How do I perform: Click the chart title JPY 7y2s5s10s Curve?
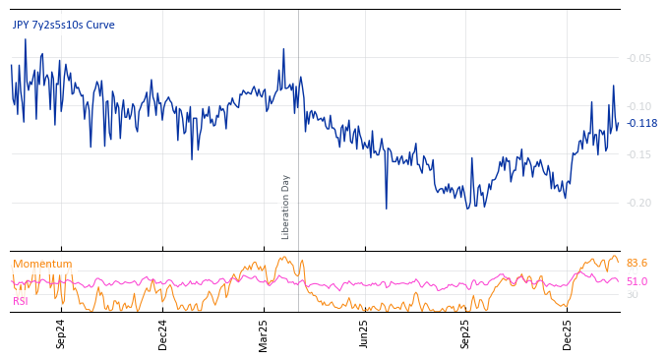pos(63,25)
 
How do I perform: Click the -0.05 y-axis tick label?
pos(638,58)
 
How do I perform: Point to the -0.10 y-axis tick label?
pos(638,106)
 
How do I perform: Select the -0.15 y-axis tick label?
pos(638,154)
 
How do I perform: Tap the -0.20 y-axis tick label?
pos(638,203)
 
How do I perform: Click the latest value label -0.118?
pos(641,123)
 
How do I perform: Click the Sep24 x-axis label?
pos(61,333)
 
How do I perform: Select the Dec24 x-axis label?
pos(163,333)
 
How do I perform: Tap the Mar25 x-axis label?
pos(264,333)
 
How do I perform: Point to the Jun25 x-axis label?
pos(364,333)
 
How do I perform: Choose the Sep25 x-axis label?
pos(465,333)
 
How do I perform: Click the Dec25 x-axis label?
pos(567,333)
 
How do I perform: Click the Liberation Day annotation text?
pos(286,207)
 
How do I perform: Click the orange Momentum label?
pos(42,264)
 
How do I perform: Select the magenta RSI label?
pos(20,301)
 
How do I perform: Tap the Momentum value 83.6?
pos(637,263)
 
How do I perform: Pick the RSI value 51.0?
pos(637,281)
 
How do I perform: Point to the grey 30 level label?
pos(633,294)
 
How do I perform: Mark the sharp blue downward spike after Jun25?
pos(386,208)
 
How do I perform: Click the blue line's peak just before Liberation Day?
pos(283,49)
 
